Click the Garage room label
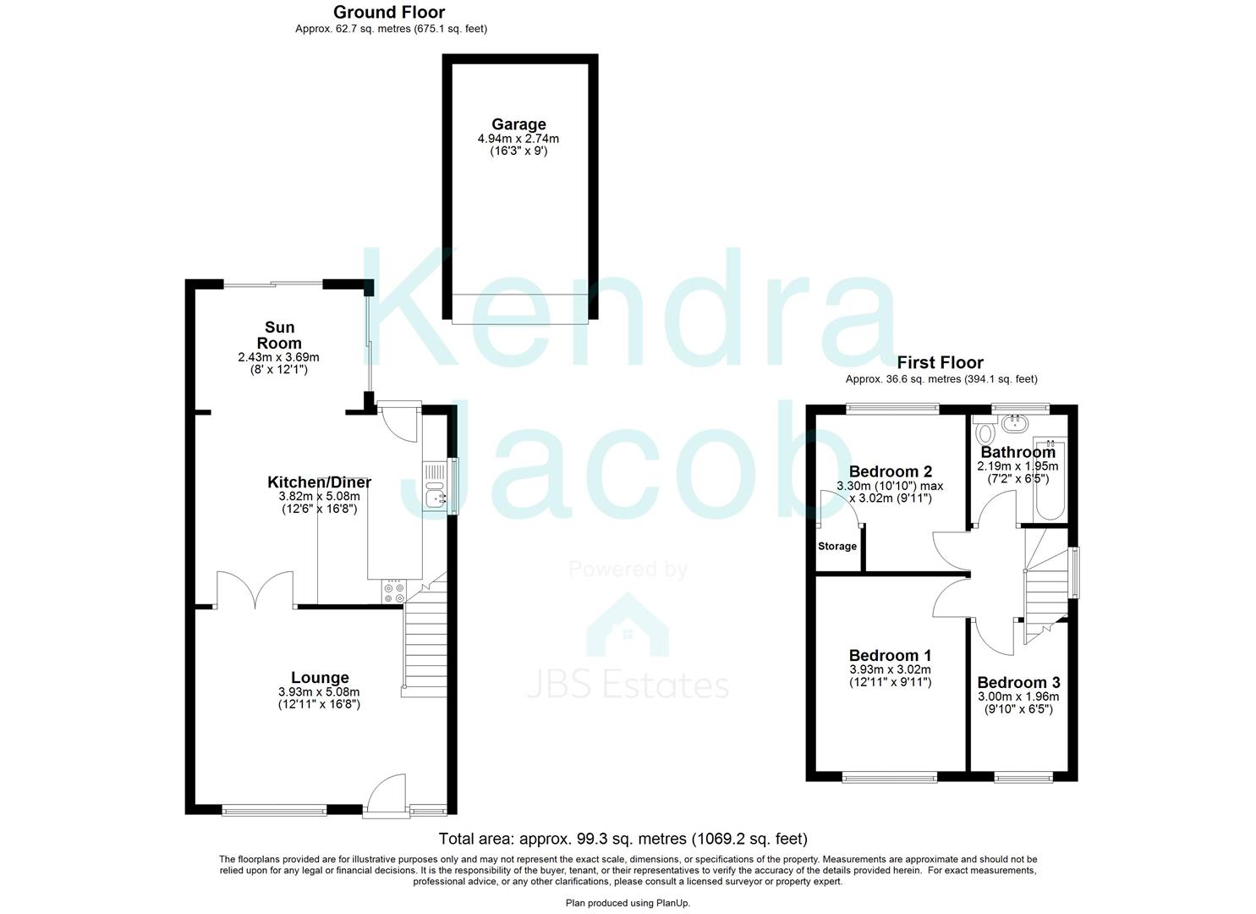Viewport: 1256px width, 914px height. (518, 124)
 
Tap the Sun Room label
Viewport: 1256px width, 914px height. (279, 335)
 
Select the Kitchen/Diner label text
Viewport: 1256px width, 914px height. (319, 482)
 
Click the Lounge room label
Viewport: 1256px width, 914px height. (320, 677)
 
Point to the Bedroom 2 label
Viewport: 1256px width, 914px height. (891, 471)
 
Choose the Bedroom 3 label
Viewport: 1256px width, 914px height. (1018, 682)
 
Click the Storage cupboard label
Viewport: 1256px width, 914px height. (837, 546)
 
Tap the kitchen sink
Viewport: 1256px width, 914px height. (436, 486)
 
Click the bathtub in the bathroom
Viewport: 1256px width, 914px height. (1049, 479)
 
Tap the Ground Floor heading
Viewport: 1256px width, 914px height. (389, 12)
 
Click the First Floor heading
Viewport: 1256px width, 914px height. (941, 362)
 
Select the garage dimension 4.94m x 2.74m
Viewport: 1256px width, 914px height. (518, 139)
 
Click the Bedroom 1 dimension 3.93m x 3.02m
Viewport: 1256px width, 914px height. (891, 669)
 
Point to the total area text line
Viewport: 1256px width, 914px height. (623, 839)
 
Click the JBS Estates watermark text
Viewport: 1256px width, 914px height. (628, 686)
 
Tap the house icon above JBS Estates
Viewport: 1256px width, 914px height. (628, 625)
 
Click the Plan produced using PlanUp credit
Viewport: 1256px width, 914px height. (628, 903)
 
